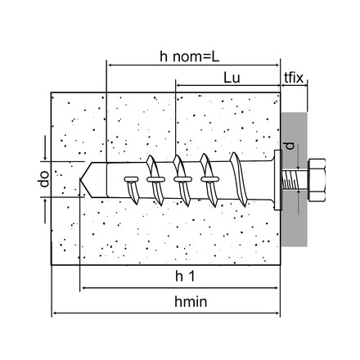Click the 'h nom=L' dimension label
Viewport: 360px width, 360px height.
189,56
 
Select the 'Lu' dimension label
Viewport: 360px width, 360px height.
232,78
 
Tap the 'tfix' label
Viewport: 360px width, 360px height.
294,78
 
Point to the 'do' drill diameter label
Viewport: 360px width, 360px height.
44,178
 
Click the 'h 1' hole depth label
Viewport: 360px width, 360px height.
185,277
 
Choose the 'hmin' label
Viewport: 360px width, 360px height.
191,302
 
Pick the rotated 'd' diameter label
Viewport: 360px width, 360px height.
290,146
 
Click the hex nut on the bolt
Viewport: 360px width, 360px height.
317,180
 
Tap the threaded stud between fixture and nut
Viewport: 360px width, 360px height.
295,180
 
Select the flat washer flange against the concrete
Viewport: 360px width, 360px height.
277,180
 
